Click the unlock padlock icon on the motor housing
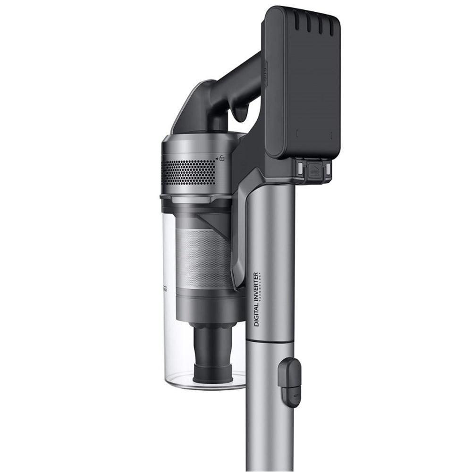pyautogui.click(x=222, y=159)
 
